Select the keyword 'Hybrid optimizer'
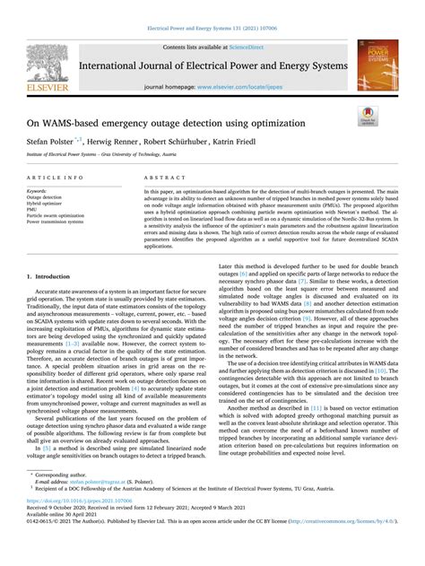(x=49, y=203)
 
